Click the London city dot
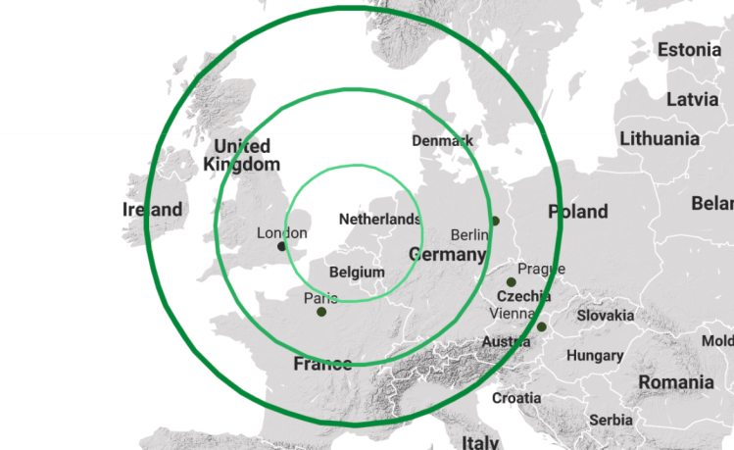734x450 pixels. [282, 246]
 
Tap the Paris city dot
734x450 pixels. [321, 312]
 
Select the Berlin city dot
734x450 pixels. [495, 222]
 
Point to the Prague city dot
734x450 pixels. [512, 282]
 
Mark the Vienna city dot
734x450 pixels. [542, 326]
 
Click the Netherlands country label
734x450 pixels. [379, 220]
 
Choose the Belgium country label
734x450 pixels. [357, 271]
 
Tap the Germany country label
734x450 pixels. [447, 255]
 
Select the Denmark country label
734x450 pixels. [442, 140]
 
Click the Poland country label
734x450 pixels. [578, 211]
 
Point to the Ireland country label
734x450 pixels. [152, 209]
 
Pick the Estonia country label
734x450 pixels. [689, 50]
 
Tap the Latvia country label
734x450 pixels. [692, 99]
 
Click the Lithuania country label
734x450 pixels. [660, 138]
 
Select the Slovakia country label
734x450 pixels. [605, 316]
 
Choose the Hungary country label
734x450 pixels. [595, 355]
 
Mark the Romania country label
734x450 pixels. [676, 381]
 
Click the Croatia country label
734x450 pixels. [516, 398]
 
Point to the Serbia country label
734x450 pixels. [611, 420]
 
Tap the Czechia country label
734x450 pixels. [524, 296]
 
